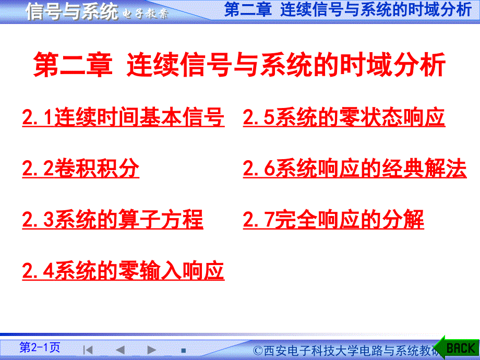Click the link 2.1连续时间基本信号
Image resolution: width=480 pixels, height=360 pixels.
(x=123, y=117)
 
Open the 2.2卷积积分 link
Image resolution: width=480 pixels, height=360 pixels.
(x=80, y=168)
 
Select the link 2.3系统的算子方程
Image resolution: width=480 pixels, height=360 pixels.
(x=112, y=219)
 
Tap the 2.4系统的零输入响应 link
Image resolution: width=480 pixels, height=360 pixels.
(x=123, y=271)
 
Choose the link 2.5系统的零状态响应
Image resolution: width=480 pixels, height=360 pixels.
(x=344, y=117)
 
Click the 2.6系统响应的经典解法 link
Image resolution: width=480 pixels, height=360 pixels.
(x=354, y=168)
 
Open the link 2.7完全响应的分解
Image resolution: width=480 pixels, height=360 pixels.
(x=333, y=219)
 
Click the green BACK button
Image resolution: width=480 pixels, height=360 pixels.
(x=458, y=348)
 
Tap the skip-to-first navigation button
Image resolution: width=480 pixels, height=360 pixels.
(x=88, y=350)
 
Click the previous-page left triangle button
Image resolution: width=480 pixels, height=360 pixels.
(x=121, y=350)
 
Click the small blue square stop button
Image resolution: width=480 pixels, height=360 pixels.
(x=183, y=351)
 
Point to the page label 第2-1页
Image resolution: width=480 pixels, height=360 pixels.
(x=40, y=347)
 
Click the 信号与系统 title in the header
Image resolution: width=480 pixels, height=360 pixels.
(x=72, y=11)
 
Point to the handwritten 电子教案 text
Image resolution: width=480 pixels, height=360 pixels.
(x=145, y=14)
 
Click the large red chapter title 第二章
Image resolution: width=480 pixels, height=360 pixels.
(x=73, y=65)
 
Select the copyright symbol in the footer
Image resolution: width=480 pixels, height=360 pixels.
(x=258, y=351)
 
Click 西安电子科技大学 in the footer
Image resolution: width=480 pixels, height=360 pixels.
(x=311, y=351)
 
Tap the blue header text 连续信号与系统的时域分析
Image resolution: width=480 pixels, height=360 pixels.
(x=376, y=9)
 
